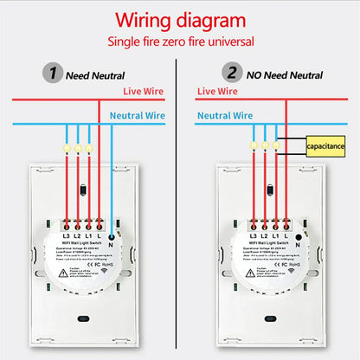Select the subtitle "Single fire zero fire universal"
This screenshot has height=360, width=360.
pyautogui.click(x=179, y=42)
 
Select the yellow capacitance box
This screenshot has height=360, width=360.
pyautogui.click(x=325, y=146)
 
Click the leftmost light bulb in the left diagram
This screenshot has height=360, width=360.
pyautogui.click(x=66, y=148)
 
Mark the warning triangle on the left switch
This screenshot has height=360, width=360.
pyautogui.click(x=61, y=271)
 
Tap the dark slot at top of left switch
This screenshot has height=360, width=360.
pyautogui.click(x=80, y=189)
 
